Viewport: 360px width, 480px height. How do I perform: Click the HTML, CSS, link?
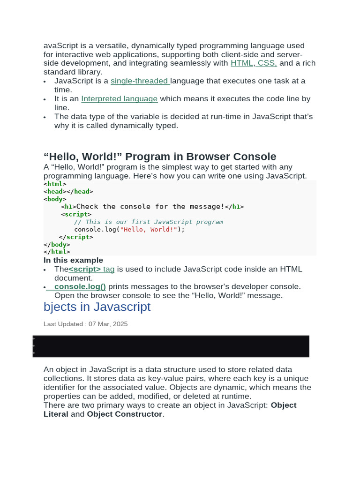pyautogui.click(x=254, y=63)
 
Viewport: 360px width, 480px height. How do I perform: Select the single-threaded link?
pyautogui.click(x=140, y=81)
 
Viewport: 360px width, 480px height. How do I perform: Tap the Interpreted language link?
pyautogui.click(x=119, y=99)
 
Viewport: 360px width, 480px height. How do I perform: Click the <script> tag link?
pyautogui.click(x=92, y=269)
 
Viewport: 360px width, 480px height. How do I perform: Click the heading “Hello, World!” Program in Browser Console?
pyautogui.click(x=160, y=157)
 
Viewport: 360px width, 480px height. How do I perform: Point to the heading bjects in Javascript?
pyautogui.click(x=97, y=307)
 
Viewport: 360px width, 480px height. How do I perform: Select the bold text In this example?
pyautogui.click(x=73, y=260)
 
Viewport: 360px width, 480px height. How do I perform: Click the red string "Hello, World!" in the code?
pyautogui.click(x=149, y=229)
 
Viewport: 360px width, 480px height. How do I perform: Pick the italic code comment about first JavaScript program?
pyautogui.click(x=148, y=222)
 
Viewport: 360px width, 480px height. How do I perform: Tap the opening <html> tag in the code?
pyautogui.click(x=55, y=184)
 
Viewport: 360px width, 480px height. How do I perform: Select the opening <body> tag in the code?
pyautogui.click(x=55, y=199)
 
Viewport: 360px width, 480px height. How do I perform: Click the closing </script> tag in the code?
pyautogui.click(x=76, y=237)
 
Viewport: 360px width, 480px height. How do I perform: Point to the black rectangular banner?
pyautogui.click(x=171, y=346)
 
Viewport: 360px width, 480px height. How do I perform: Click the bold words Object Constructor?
pyautogui.click(x=124, y=414)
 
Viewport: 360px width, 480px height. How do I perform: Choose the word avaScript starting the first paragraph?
pyautogui.click(x=62, y=46)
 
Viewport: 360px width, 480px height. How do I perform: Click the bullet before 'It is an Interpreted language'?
pyautogui.click(x=45, y=99)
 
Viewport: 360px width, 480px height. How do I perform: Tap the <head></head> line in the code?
pyautogui.click(x=68, y=191)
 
